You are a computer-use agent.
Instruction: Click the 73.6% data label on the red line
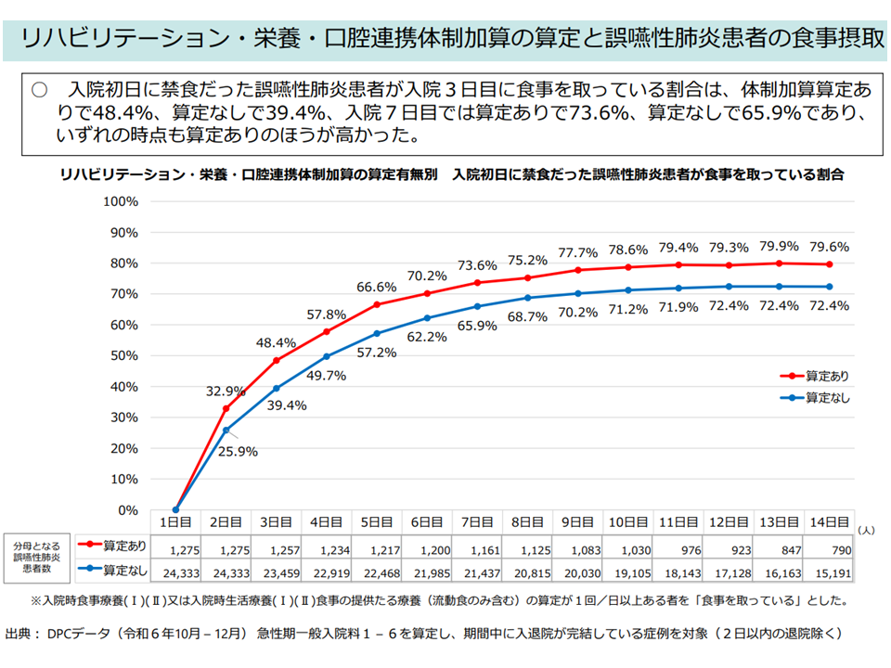tap(478, 265)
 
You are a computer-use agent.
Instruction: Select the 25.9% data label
tap(239, 452)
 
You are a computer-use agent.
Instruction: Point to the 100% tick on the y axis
tap(121, 201)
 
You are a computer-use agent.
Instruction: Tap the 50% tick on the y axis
tap(124, 356)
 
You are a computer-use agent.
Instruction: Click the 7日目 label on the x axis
tap(477, 522)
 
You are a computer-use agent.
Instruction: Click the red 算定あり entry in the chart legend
tap(815, 377)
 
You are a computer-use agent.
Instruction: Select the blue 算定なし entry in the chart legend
tap(815, 398)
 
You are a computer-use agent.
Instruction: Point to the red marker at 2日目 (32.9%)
tap(226, 408)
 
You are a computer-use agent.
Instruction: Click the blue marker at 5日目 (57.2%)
tap(376, 333)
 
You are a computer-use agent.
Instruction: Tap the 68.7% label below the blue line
tap(528, 316)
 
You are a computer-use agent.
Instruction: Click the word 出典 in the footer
tap(20, 635)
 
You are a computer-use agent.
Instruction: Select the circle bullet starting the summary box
tap(39, 90)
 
